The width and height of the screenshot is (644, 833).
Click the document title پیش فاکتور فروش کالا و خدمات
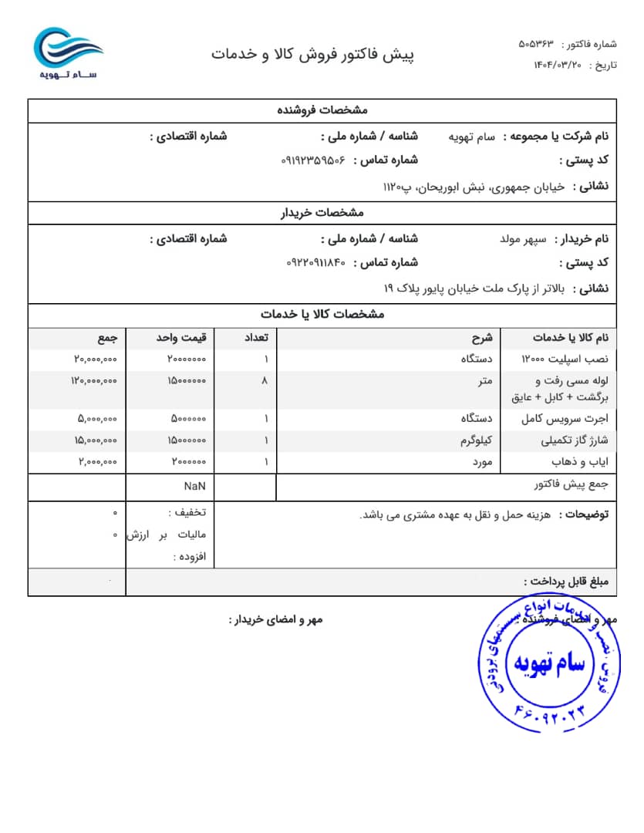click(x=313, y=55)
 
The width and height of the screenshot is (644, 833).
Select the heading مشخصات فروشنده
click(x=322, y=110)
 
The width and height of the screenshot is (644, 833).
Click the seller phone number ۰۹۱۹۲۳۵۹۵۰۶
click(x=313, y=160)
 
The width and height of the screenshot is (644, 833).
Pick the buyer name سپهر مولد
click(x=524, y=239)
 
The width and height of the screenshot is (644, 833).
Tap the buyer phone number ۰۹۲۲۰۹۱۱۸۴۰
click(x=316, y=263)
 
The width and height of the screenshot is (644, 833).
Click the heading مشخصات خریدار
click(x=322, y=213)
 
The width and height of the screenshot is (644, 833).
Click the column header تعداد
click(x=257, y=338)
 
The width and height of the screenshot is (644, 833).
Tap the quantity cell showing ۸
click(x=265, y=380)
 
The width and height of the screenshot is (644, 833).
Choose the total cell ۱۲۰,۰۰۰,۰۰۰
click(x=94, y=380)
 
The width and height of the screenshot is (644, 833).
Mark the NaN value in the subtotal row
click(x=194, y=487)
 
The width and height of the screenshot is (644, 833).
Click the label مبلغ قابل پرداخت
click(x=566, y=582)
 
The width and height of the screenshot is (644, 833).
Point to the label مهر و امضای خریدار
click(x=275, y=619)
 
